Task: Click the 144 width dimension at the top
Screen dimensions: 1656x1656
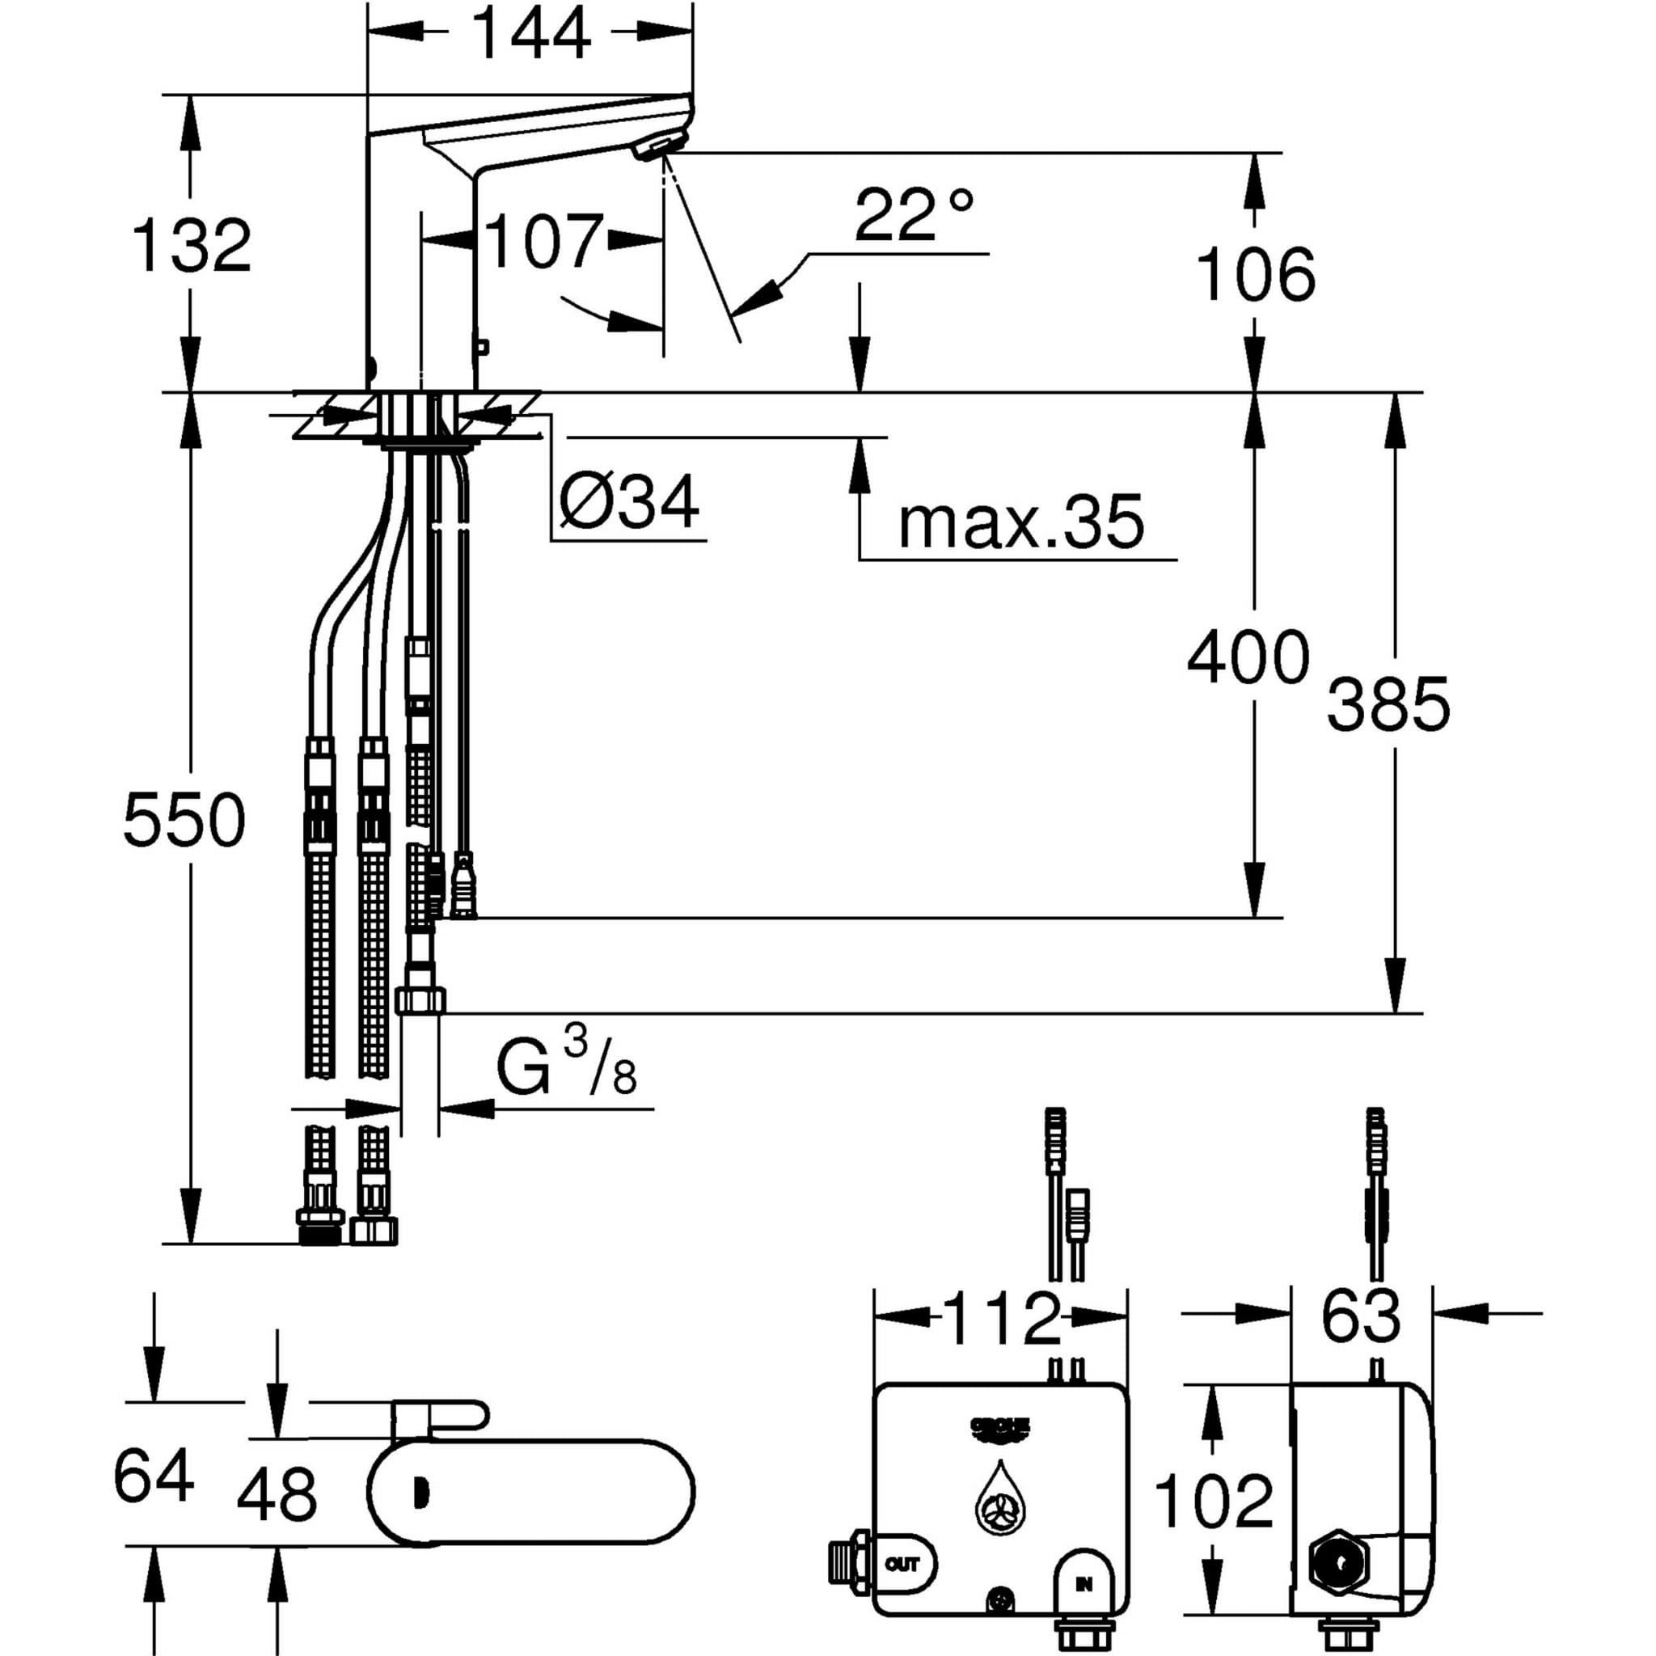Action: point(531,32)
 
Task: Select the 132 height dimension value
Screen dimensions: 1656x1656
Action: point(192,246)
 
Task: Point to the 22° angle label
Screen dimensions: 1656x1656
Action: point(914,215)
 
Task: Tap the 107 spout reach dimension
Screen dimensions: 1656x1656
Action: point(543,242)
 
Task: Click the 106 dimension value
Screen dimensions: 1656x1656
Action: point(1255,274)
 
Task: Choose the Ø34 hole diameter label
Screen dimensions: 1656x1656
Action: point(628,501)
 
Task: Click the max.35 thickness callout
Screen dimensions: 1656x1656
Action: point(1021,522)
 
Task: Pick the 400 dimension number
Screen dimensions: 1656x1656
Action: point(1248,657)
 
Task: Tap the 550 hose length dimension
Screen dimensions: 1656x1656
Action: point(184,820)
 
